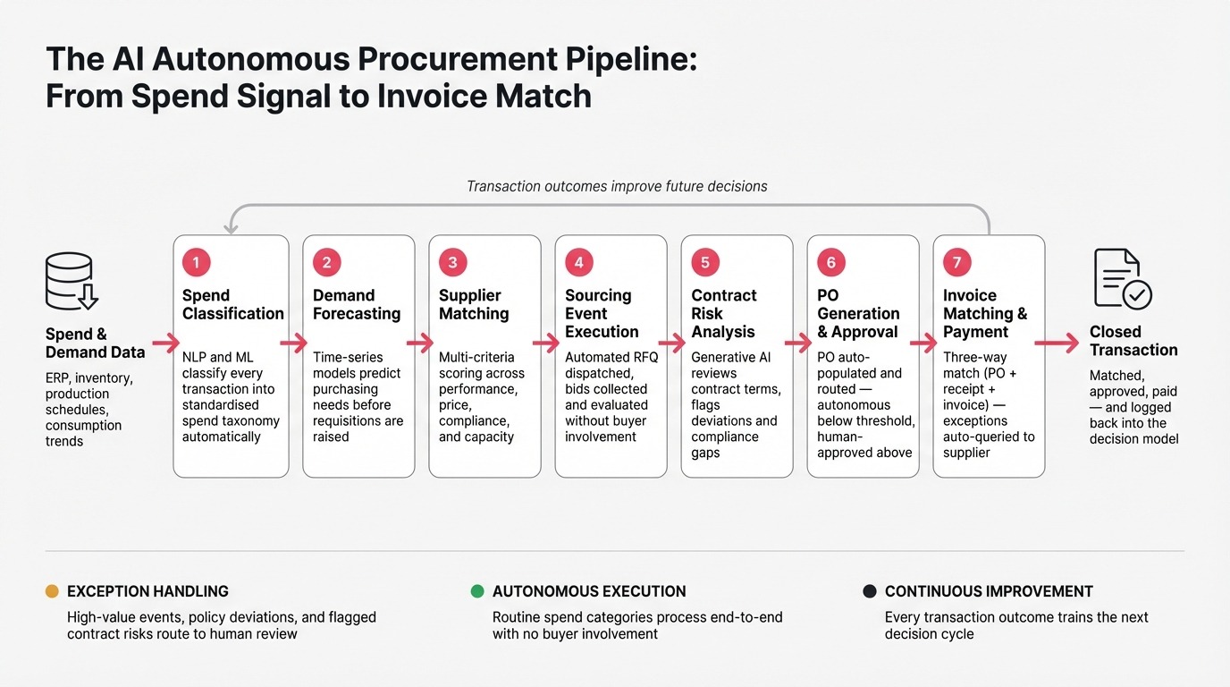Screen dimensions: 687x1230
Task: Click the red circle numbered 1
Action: (x=196, y=262)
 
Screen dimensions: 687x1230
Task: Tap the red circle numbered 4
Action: (x=578, y=262)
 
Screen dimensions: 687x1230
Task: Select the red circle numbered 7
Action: (x=956, y=262)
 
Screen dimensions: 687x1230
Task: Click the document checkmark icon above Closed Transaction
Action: (x=1122, y=279)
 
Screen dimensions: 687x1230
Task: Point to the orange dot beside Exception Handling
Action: (x=52, y=591)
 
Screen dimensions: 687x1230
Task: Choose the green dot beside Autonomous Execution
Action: (x=477, y=591)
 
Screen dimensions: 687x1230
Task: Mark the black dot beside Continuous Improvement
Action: (x=869, y=591)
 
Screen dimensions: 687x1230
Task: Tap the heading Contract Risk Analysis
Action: (x=724, y=313)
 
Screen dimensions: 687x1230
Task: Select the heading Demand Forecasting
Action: (x=357, y=304)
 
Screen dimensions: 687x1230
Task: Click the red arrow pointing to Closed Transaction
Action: (x=1057, y=343)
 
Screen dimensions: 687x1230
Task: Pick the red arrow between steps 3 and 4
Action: (x=546, y=343)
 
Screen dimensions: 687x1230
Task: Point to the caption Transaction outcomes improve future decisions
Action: (x=617, y=187)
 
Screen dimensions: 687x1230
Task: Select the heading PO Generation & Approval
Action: (x=858, y=313)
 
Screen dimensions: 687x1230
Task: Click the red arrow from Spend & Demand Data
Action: (x=165, y=343)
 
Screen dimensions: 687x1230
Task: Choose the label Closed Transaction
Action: (x=1133, y=341)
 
